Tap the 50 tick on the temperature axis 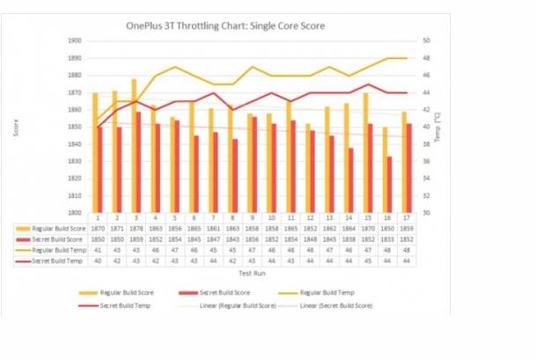tap(425, 41)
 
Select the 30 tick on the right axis tap(425, 212)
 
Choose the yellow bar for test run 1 tap(95, 152)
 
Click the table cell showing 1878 tap(136, 227)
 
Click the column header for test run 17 tap(404, 217)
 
